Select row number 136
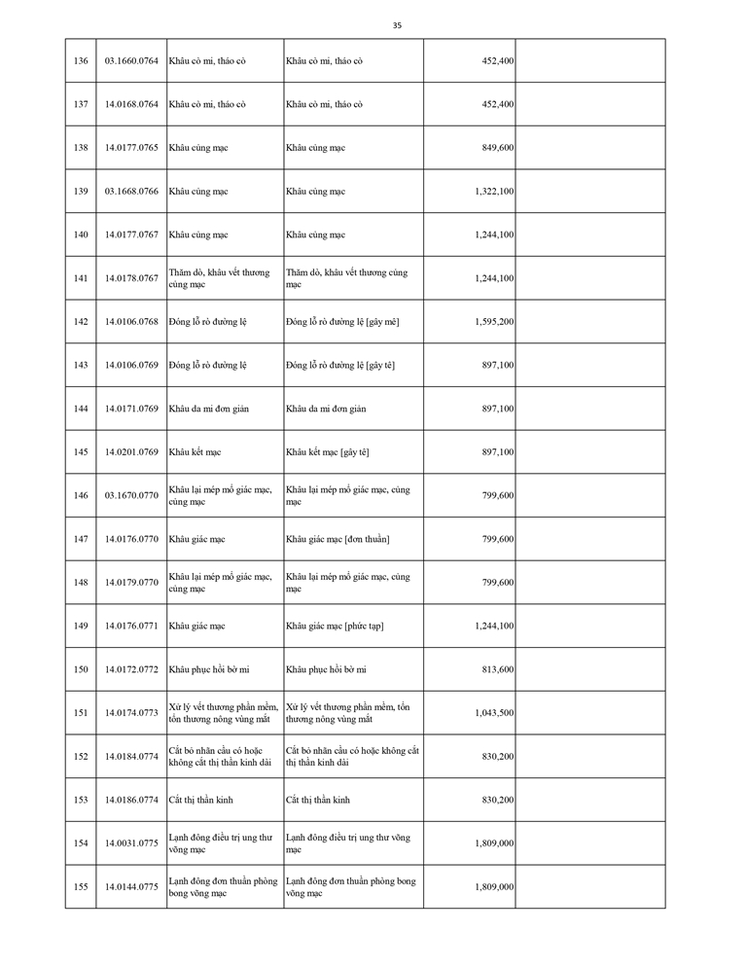pos(81,60)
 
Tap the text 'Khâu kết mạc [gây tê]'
pos(328,452)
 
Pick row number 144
pos(81,409)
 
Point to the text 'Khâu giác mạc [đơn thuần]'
pos(338,539)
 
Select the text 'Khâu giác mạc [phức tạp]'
pos(335,626)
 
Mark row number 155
pos(81,887)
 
